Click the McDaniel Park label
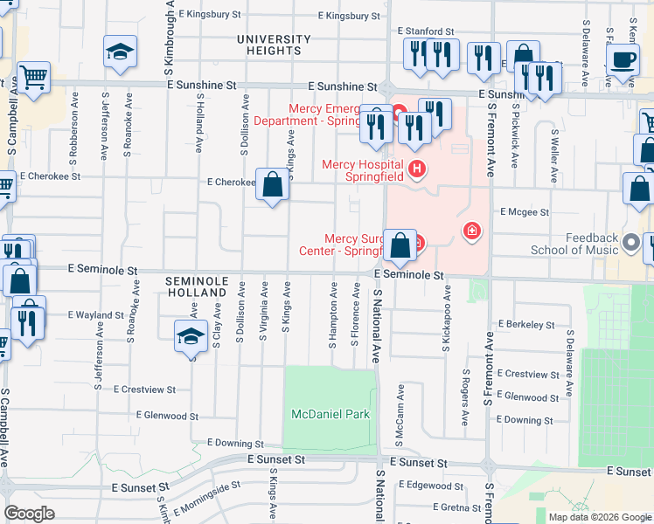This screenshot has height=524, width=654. coord(331,415)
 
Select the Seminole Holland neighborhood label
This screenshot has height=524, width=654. coord(198,286)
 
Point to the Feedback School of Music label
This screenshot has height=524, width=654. coord(574,244)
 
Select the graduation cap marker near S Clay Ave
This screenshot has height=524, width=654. coord(191,336)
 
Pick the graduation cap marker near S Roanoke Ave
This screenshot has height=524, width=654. coord(120,52)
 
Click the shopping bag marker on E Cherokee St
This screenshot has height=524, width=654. coord(273,184)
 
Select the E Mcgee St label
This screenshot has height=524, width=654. coord(524,211)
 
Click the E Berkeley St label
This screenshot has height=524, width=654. coord(525,324)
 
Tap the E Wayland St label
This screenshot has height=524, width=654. coord(95,314)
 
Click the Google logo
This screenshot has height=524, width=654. coord(29,514)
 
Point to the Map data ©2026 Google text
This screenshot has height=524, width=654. coord(600,517)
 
